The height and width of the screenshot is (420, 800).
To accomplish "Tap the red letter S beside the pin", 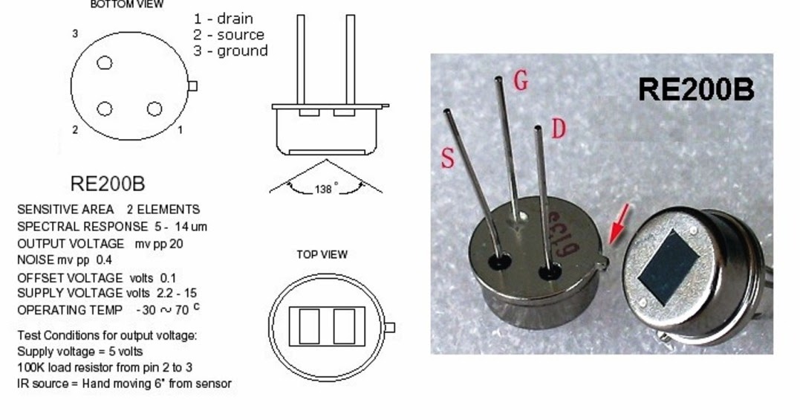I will [448, 158].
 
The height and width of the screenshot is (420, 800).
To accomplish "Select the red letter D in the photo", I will [558, 129].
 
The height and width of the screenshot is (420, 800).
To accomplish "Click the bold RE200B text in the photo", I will [695, 90].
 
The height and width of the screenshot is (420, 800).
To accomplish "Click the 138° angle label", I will [325, 190].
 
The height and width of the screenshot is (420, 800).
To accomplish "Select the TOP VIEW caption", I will [322, 254].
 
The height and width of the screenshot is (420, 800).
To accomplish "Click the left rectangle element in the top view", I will [309, 326].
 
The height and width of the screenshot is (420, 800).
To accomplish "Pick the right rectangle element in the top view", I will [344, 326].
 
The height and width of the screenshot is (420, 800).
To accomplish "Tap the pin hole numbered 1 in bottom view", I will [155, 109].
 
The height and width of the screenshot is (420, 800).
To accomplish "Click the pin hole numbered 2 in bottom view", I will [105, 109].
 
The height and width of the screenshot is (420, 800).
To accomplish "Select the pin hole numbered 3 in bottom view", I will [105, 63].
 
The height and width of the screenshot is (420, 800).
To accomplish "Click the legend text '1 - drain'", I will [223, 19].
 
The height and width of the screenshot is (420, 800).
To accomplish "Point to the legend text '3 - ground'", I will [230, 51].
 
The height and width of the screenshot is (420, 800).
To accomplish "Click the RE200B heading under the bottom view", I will [107, 183].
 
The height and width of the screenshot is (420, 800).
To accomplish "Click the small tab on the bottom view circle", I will [192, 86].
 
